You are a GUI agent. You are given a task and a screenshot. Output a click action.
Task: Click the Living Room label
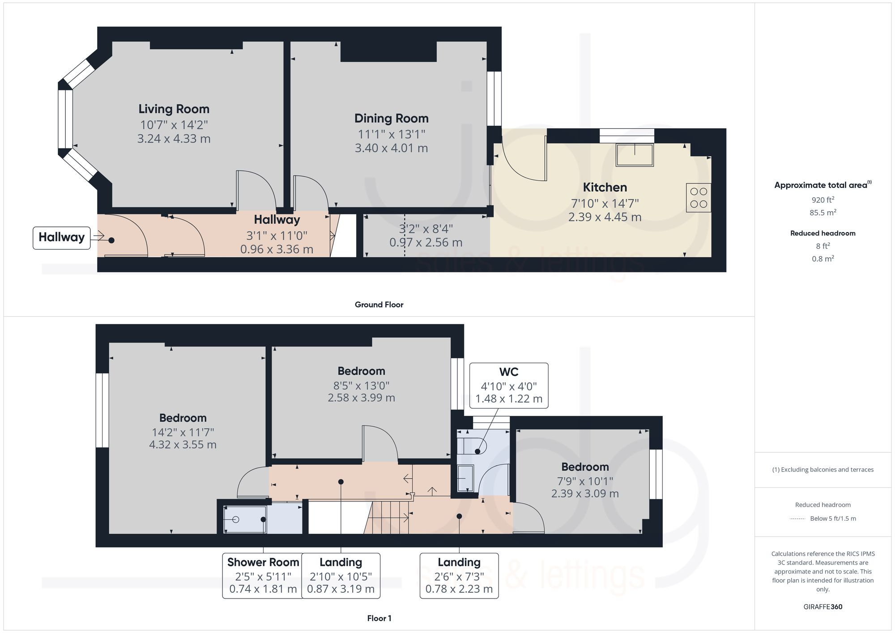[x=174, y=109]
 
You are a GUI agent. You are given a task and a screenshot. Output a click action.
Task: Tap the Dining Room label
[x=392, y=118]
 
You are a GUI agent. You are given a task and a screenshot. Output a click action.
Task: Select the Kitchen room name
[x=605, y=187]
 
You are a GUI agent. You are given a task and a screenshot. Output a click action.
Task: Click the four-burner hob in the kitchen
[x=699, y=198]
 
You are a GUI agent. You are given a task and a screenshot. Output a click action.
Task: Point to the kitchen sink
[x=635, y=155]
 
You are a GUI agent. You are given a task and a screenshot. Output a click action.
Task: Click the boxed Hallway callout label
[x=62, y=238]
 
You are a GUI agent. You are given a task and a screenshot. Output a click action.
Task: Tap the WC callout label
[x=509, y=385]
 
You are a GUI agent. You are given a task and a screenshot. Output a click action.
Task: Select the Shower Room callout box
[x=263, y=576]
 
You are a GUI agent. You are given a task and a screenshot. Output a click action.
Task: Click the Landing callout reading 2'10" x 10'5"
[x=341, y=576]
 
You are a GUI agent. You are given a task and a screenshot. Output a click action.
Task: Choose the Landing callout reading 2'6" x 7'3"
[x=459, y=576]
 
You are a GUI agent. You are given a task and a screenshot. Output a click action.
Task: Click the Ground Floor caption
[x=379, y=305]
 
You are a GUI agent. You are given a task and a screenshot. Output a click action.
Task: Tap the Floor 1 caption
[x=379, y=618]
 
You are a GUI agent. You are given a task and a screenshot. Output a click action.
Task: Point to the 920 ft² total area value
[x=823, y=200]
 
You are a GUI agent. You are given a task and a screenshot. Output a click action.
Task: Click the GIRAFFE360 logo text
[x=823, y=607]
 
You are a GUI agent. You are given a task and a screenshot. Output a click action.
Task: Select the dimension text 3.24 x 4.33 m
[x=174, y=139]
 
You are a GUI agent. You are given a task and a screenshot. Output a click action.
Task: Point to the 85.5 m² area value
[x=823, y=212]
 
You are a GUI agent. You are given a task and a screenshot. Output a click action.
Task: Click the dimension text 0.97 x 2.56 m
[x=426, y=242]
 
